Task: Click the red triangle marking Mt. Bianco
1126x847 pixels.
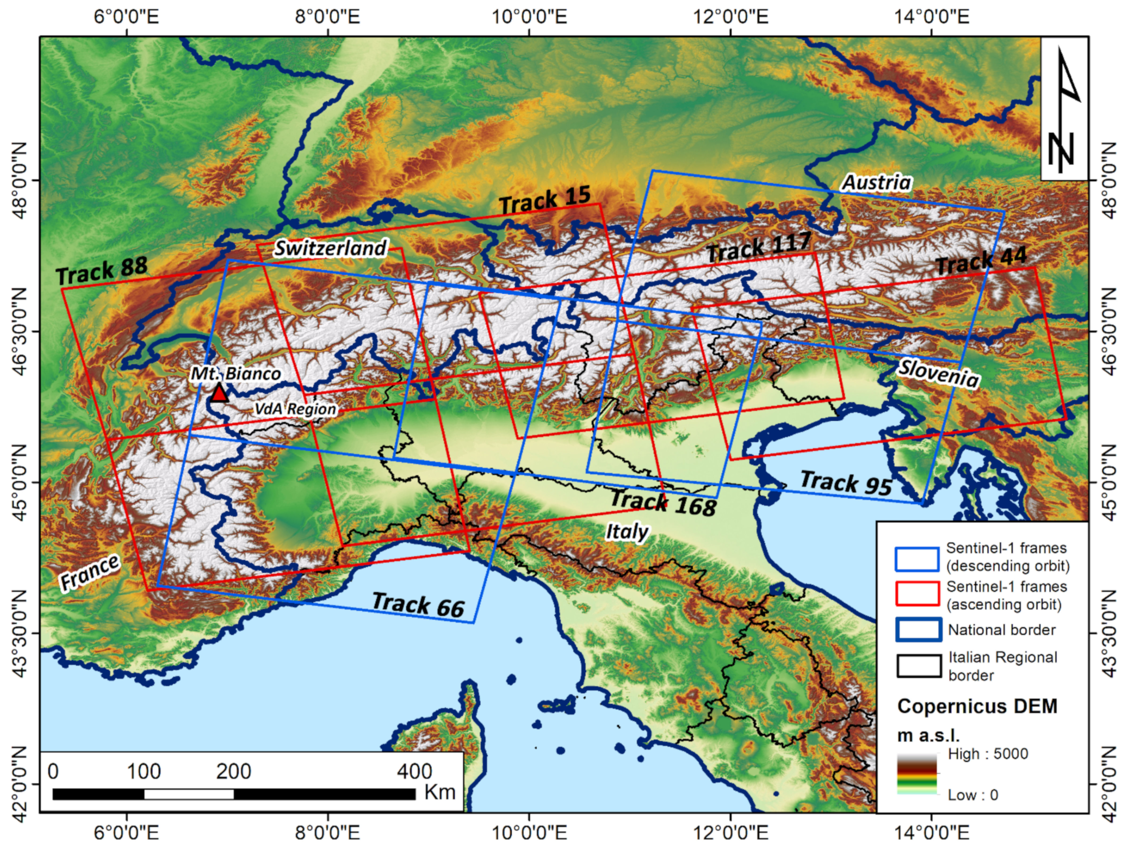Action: click(219, 393)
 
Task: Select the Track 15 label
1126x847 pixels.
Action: click(545, 200)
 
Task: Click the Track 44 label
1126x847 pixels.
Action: click(982, 261)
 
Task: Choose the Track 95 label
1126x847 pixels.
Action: click(846, 483)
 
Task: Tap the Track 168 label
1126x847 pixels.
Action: click(663, 503)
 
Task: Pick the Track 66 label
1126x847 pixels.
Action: click(418, 605)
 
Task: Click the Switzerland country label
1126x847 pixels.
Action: click(331, 248)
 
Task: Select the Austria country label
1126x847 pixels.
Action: click(877, 183)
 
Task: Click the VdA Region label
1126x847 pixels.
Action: click(295, 409)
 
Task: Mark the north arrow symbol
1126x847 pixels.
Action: click(1064, 110)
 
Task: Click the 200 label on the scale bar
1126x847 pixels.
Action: click(233, 772)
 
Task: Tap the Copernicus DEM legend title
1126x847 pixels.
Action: click(977, 706)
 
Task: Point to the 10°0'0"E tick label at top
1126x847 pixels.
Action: click(529, 17)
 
